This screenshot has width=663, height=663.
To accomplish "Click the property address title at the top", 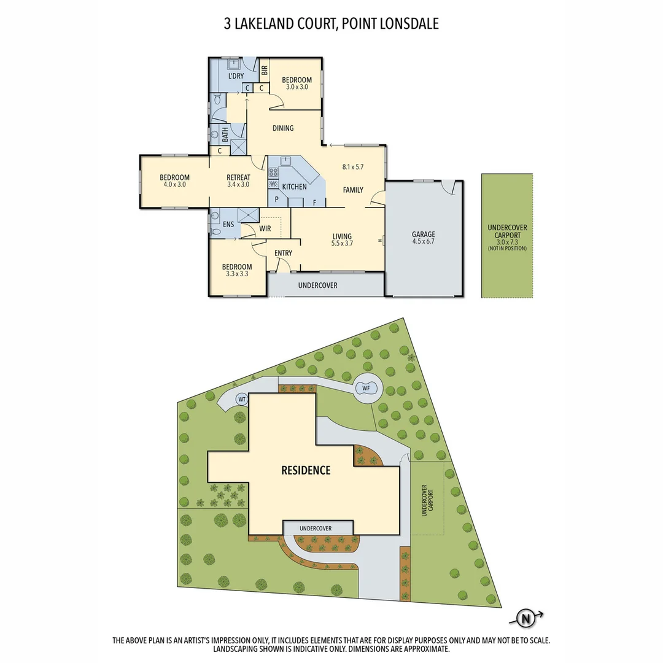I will (331, 24).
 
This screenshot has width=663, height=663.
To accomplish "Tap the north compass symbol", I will (525, 618).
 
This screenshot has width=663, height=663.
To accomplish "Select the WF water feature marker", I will (366, 387).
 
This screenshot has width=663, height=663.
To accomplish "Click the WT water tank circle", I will (242, 399).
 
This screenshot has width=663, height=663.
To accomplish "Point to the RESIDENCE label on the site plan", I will (306, 471).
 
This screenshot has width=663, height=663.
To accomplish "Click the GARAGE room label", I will (424, 234).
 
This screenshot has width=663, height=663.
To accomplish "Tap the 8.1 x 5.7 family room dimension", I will (353, 166).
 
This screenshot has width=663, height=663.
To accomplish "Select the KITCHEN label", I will (294, 187).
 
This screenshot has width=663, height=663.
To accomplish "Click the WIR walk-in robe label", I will (265, 228).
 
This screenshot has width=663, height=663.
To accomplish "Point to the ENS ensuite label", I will (228, 225).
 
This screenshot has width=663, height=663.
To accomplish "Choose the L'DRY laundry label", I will (236, 76).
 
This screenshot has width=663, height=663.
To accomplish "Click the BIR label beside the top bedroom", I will (264, 70).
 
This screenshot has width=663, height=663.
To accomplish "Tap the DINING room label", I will (282, 128).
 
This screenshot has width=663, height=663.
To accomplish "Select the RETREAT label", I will (238, 176).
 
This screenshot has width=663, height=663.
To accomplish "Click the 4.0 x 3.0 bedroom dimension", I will (175, 184).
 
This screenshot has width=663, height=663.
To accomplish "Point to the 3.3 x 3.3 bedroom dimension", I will (237, 274).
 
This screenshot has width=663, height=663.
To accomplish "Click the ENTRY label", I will (283, 253).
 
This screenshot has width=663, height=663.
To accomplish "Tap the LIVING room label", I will (342, 236).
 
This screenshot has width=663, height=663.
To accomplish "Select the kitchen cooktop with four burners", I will (274, 173).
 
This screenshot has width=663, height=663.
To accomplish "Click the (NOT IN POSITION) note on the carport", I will (507, 248).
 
